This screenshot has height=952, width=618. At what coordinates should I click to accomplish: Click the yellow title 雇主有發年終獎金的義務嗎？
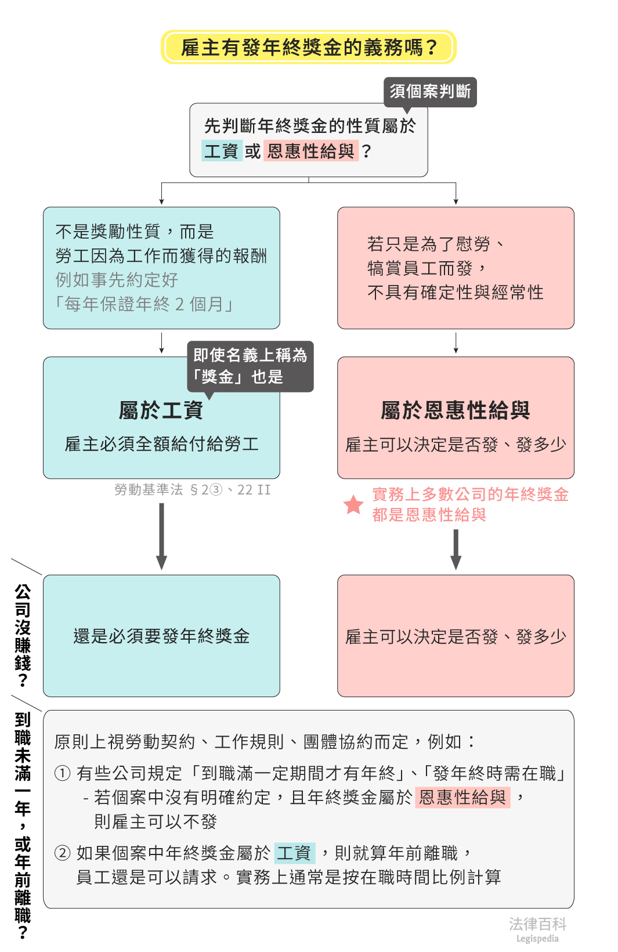tap(308, 47)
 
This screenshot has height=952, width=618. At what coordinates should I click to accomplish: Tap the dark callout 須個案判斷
tap(430, 92)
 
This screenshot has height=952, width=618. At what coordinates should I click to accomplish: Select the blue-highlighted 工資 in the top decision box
tap(222, 152)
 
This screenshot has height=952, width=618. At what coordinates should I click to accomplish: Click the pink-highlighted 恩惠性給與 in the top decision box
tap(311, 152)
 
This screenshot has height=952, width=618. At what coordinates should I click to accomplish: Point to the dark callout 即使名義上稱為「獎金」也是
tap(250, 366)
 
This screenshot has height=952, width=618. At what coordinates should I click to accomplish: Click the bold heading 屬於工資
tap(161, 410)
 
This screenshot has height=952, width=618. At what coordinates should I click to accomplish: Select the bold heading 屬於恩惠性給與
tap(456, 410)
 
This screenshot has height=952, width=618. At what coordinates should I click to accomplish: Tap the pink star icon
tap(353, 504)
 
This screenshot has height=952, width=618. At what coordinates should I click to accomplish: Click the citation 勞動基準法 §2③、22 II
tap(193, 490)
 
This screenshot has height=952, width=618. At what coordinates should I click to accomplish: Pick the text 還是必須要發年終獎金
tap(161, 636)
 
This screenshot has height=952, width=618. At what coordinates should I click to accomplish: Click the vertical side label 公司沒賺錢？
tap(23, 636)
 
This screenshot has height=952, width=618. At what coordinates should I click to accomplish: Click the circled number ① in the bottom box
tap(62, 773)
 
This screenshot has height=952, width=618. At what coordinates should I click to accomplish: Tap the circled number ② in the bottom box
tap(62, 853)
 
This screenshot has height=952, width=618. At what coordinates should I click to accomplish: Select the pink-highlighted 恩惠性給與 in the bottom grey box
tap(462, 798)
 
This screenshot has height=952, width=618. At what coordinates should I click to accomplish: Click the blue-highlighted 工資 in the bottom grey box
tap(294, 853)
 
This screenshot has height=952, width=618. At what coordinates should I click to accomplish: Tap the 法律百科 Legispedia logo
tap(537, 929)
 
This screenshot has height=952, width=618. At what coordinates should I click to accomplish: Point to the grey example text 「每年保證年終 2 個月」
tap(144, 304)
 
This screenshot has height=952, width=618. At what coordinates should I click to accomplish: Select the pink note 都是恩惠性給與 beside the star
tap(429, 515)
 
